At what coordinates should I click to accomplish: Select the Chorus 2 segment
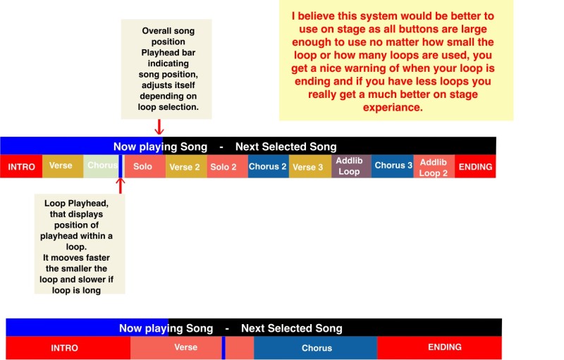[269, 166]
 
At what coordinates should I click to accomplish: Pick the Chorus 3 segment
[393, 166]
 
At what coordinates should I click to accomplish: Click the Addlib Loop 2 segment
[434, 166]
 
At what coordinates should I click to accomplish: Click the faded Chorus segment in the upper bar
[101, 166]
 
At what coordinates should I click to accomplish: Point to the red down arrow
[159, 127]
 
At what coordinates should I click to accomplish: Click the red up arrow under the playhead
[121, 186]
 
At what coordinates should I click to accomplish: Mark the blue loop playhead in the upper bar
[121, 166]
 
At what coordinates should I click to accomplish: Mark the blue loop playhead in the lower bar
[223, 348]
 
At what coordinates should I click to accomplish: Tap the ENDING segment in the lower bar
[439, 348]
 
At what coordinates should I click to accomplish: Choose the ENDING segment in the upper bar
[475, 166]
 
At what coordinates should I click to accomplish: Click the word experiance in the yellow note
[393, 107]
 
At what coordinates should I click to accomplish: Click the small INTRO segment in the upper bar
[21, 166]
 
